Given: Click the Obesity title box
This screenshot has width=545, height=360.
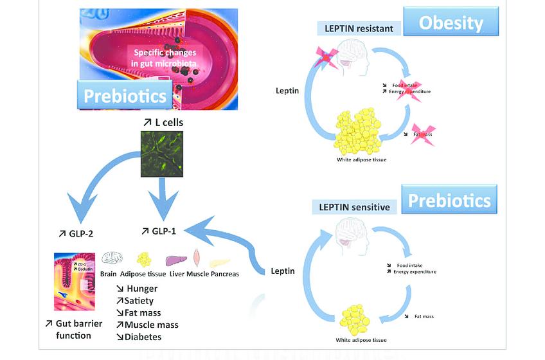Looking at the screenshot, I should click(451, 23).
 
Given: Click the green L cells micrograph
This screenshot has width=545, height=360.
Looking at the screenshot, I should click(162, 154).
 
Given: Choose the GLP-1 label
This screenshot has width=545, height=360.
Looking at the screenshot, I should click(161, 231).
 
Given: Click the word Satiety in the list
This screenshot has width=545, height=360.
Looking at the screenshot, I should click(135, 301).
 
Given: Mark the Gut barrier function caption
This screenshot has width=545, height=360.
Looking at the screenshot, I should click(69, 330).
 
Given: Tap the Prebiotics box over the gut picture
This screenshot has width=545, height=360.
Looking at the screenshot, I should click(126, 96).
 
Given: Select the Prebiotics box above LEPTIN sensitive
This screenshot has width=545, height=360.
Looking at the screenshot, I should click(450, 201).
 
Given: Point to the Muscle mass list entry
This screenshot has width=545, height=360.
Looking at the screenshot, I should click(147, 325).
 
